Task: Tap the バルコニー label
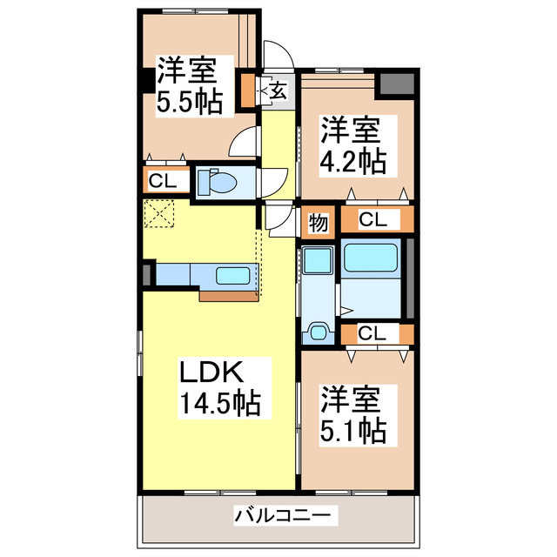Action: click(x=282, y=516)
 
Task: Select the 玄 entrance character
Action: click(x=277, y=90)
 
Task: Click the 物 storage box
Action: click(x=318, y=223)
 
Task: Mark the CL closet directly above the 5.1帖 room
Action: click(x=372, y=332)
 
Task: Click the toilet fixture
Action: click(x=218, y=183)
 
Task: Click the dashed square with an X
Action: click(x=160, y=213)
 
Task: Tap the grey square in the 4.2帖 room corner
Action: click(x=396, y=84)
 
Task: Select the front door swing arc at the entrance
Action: click(x=277, y=54)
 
